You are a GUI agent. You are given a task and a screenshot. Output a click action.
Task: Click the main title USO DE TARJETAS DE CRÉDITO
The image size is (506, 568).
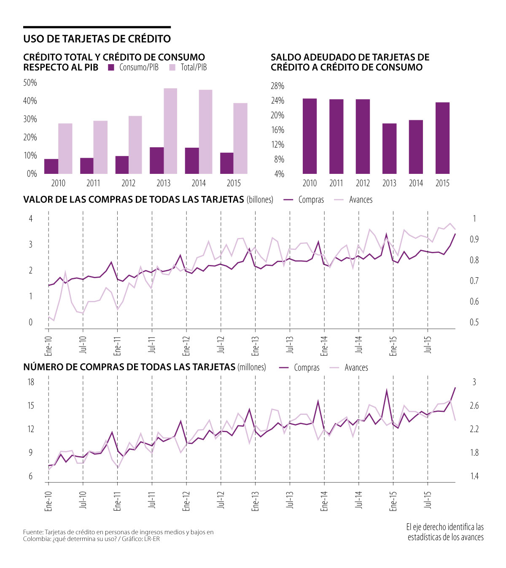click(x=97, y=39)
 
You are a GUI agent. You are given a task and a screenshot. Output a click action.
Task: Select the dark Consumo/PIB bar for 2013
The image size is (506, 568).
click(x=156, y=160)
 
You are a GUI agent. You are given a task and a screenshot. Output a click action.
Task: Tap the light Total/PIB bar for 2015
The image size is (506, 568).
click(x=240, y=138)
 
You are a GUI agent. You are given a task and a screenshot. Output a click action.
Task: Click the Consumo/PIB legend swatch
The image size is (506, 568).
click(x=111, y=68)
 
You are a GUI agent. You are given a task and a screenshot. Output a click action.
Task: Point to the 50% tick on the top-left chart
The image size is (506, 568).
click(x=30, y=83)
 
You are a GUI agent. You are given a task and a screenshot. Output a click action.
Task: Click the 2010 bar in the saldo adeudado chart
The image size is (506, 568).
click(x=310, y=136)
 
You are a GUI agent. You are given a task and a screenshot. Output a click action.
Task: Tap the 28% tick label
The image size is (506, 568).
click(x=277, y=86)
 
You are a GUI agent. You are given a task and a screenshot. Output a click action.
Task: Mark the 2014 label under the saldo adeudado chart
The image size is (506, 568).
click(x=416, y=183)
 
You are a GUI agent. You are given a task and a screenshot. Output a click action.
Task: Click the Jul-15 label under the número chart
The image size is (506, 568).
click(x=428, y=500)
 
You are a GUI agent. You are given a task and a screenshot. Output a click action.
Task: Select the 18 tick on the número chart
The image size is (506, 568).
click(x=31, y=382)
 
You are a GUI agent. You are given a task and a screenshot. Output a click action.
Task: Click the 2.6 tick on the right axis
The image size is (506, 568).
click(x=474, y=406)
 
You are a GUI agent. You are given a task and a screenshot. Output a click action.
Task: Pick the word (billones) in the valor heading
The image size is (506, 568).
click(x=260, y=200)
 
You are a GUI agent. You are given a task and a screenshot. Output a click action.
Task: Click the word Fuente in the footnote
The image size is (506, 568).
click(x=32, y=532)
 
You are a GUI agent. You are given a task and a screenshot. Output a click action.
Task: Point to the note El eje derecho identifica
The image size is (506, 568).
click(x=445, y=527)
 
